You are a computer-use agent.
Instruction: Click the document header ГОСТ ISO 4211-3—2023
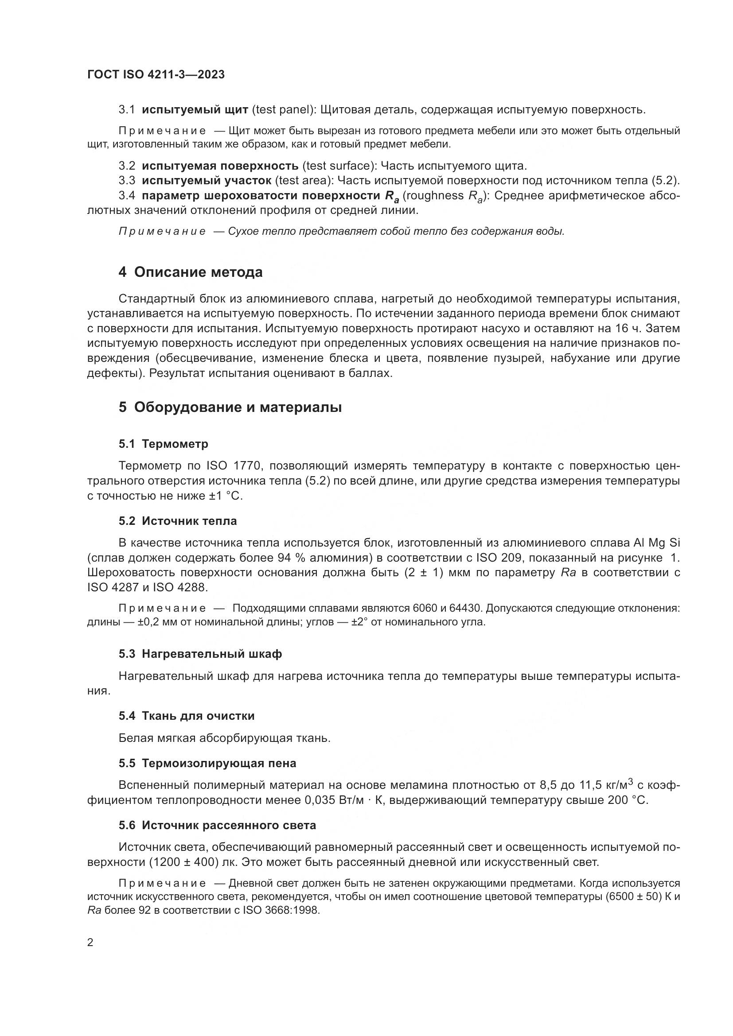coord(156,75)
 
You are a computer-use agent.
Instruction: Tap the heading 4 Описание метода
coord(190,272)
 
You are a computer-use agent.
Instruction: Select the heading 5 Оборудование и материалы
coord(230,407)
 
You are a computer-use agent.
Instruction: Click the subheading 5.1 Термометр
coord(164,444)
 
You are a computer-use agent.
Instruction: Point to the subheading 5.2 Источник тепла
coord(177,521)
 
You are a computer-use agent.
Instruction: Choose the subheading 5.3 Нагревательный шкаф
coord(200,654)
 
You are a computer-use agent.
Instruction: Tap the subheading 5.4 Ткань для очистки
coord(187,716)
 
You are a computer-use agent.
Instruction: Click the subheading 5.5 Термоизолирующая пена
coord(207,763)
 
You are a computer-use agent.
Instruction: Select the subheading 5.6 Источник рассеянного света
coord(217,825)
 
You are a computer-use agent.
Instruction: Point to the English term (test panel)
coord(283,110)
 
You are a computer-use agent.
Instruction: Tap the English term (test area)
coord(304,180)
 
